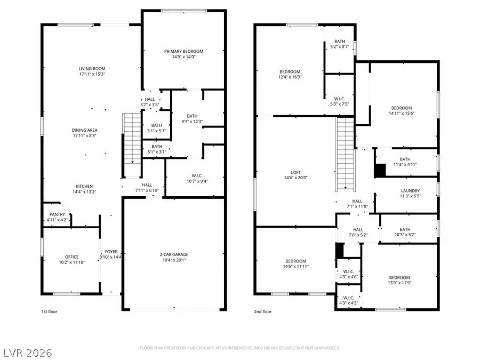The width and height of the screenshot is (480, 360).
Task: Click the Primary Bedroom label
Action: coord(183,51)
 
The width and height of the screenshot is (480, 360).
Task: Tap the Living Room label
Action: coord(92,68)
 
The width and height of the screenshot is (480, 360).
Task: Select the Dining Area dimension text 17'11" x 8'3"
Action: coord(85,136)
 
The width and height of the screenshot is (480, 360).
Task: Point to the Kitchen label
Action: coord(85,186)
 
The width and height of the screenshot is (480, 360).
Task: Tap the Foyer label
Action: coord(111,251)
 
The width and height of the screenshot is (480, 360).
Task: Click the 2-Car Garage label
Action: coord(173,254)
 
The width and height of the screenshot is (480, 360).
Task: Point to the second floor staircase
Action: coord(346,155)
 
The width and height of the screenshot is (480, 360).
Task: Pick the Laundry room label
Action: coord(411,191)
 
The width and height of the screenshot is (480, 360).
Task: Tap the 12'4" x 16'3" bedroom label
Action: coord(290,71)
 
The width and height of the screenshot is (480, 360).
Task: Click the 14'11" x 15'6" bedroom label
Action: coord(401,108)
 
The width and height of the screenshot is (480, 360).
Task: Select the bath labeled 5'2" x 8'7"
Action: coord(340,42)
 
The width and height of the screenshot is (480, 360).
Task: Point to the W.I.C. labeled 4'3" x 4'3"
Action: coord(348,298)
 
